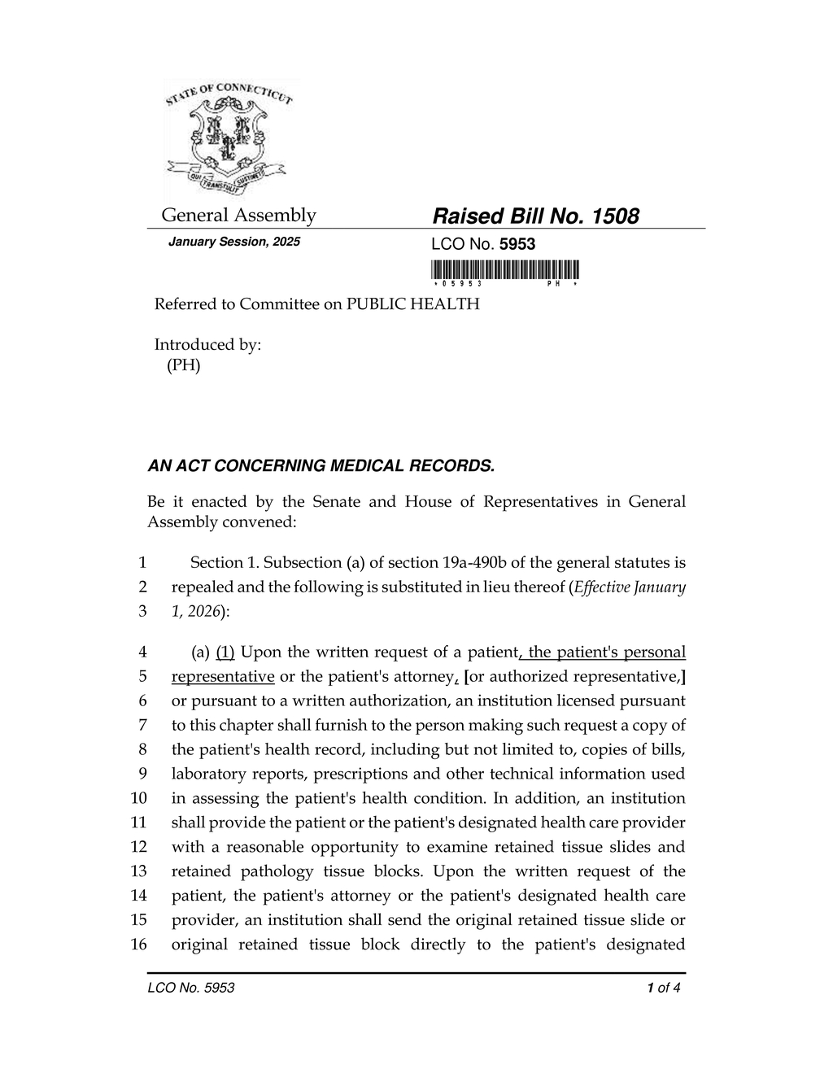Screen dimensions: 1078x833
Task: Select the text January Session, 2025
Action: pos(233,242)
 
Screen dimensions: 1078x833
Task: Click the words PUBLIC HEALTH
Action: pos(413,304)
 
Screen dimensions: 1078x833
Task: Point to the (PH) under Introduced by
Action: pos(183,365)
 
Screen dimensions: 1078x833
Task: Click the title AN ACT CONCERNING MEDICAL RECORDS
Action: pos(321,466)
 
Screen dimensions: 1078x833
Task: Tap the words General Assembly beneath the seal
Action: pos(238,216)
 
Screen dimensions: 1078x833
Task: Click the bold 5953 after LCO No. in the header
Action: pos(517,244)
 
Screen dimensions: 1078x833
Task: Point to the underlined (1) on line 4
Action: pos(225,652)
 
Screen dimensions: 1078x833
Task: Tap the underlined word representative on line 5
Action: pos(222,677)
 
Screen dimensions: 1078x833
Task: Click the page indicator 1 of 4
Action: pos(663,989)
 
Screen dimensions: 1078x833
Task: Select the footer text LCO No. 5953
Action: pos(191,989)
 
